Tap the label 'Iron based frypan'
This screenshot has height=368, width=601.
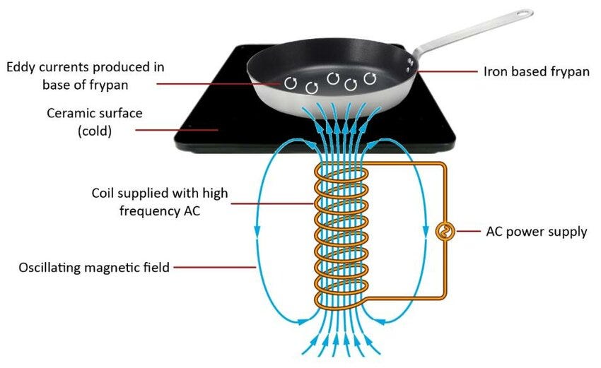pos(536,71)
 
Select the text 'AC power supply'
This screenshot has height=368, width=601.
pos(537,232)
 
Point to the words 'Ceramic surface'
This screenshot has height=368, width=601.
pos(94,113)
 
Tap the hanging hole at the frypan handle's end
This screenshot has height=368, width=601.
pos(524,13)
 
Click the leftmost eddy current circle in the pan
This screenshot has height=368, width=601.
pos(291,83)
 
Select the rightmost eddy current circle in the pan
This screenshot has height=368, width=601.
pos(370,77)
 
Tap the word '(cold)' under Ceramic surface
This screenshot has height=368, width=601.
pos(95,130)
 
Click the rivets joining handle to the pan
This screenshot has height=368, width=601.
pos(409,65)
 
